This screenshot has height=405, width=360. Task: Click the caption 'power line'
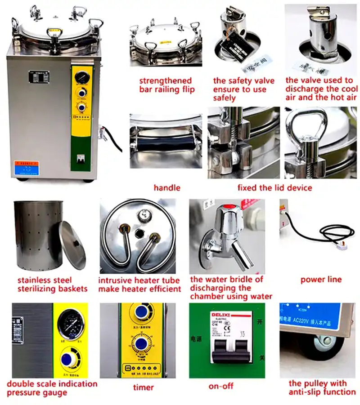click(x=321, y=280)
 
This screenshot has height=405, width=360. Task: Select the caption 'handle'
click(x=166, y=187)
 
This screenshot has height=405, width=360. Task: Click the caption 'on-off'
click(x=220, y=386)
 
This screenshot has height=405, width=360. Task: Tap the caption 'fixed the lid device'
click(x=274, y=187)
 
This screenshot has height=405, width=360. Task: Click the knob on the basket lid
click(x=76, y=243)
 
